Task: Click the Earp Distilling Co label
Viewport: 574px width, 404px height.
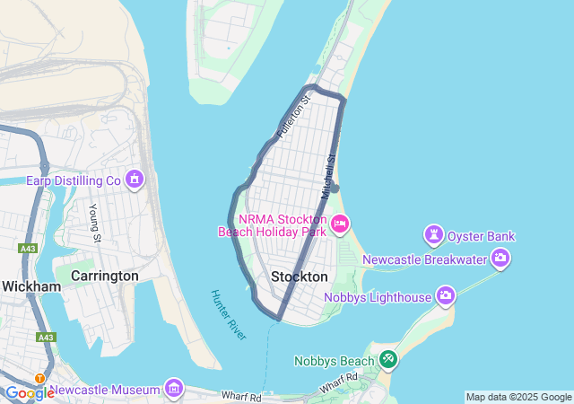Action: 73,180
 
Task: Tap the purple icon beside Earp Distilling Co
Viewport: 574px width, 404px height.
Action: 135,180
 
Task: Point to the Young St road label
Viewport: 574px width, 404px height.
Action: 95,222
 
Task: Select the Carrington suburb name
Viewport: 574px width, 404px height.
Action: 104,276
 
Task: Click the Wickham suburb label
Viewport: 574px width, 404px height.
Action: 30,286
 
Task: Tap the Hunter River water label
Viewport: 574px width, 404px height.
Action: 228,314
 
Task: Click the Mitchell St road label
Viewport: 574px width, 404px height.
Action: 328,177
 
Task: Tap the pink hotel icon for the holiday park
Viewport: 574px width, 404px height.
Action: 340,224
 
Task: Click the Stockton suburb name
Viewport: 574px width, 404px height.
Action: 299,277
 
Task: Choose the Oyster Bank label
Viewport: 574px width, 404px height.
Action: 482,236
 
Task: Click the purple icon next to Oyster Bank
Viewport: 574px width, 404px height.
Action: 434,235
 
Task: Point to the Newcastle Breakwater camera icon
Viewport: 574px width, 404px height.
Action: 500,259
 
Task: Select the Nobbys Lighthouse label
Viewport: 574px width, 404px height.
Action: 378,296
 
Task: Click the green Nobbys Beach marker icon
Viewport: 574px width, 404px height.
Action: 387,360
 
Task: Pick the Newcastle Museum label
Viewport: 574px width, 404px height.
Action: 105,390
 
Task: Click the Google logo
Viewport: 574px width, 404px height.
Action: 29,393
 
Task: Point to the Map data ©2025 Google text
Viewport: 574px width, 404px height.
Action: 518,397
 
